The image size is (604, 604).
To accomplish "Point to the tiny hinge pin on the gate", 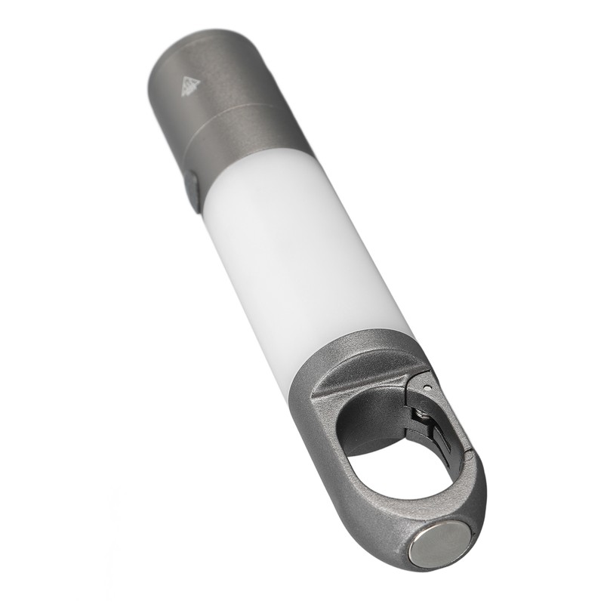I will [427, 386].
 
